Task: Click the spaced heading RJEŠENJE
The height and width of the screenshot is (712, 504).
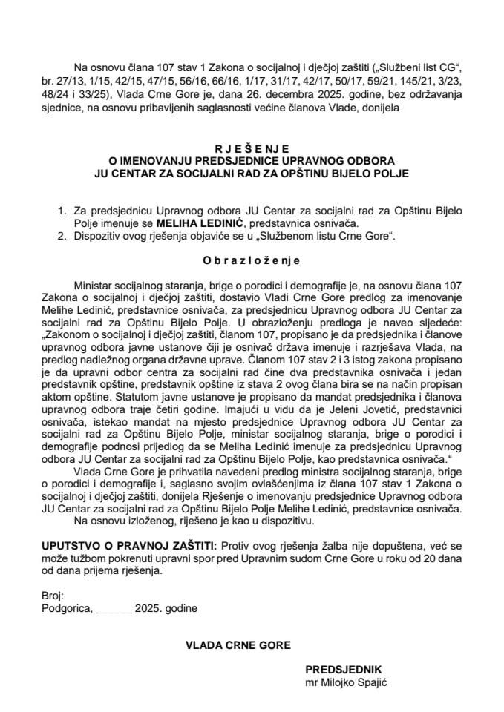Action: pos(252,148)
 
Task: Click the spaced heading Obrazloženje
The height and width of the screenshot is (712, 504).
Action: pos(252,261)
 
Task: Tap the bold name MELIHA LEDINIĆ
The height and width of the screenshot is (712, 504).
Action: pos(213,222)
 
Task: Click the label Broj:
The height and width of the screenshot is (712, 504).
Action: pos(53,595)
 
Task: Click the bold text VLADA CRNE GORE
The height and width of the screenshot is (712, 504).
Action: pos(238,645)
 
